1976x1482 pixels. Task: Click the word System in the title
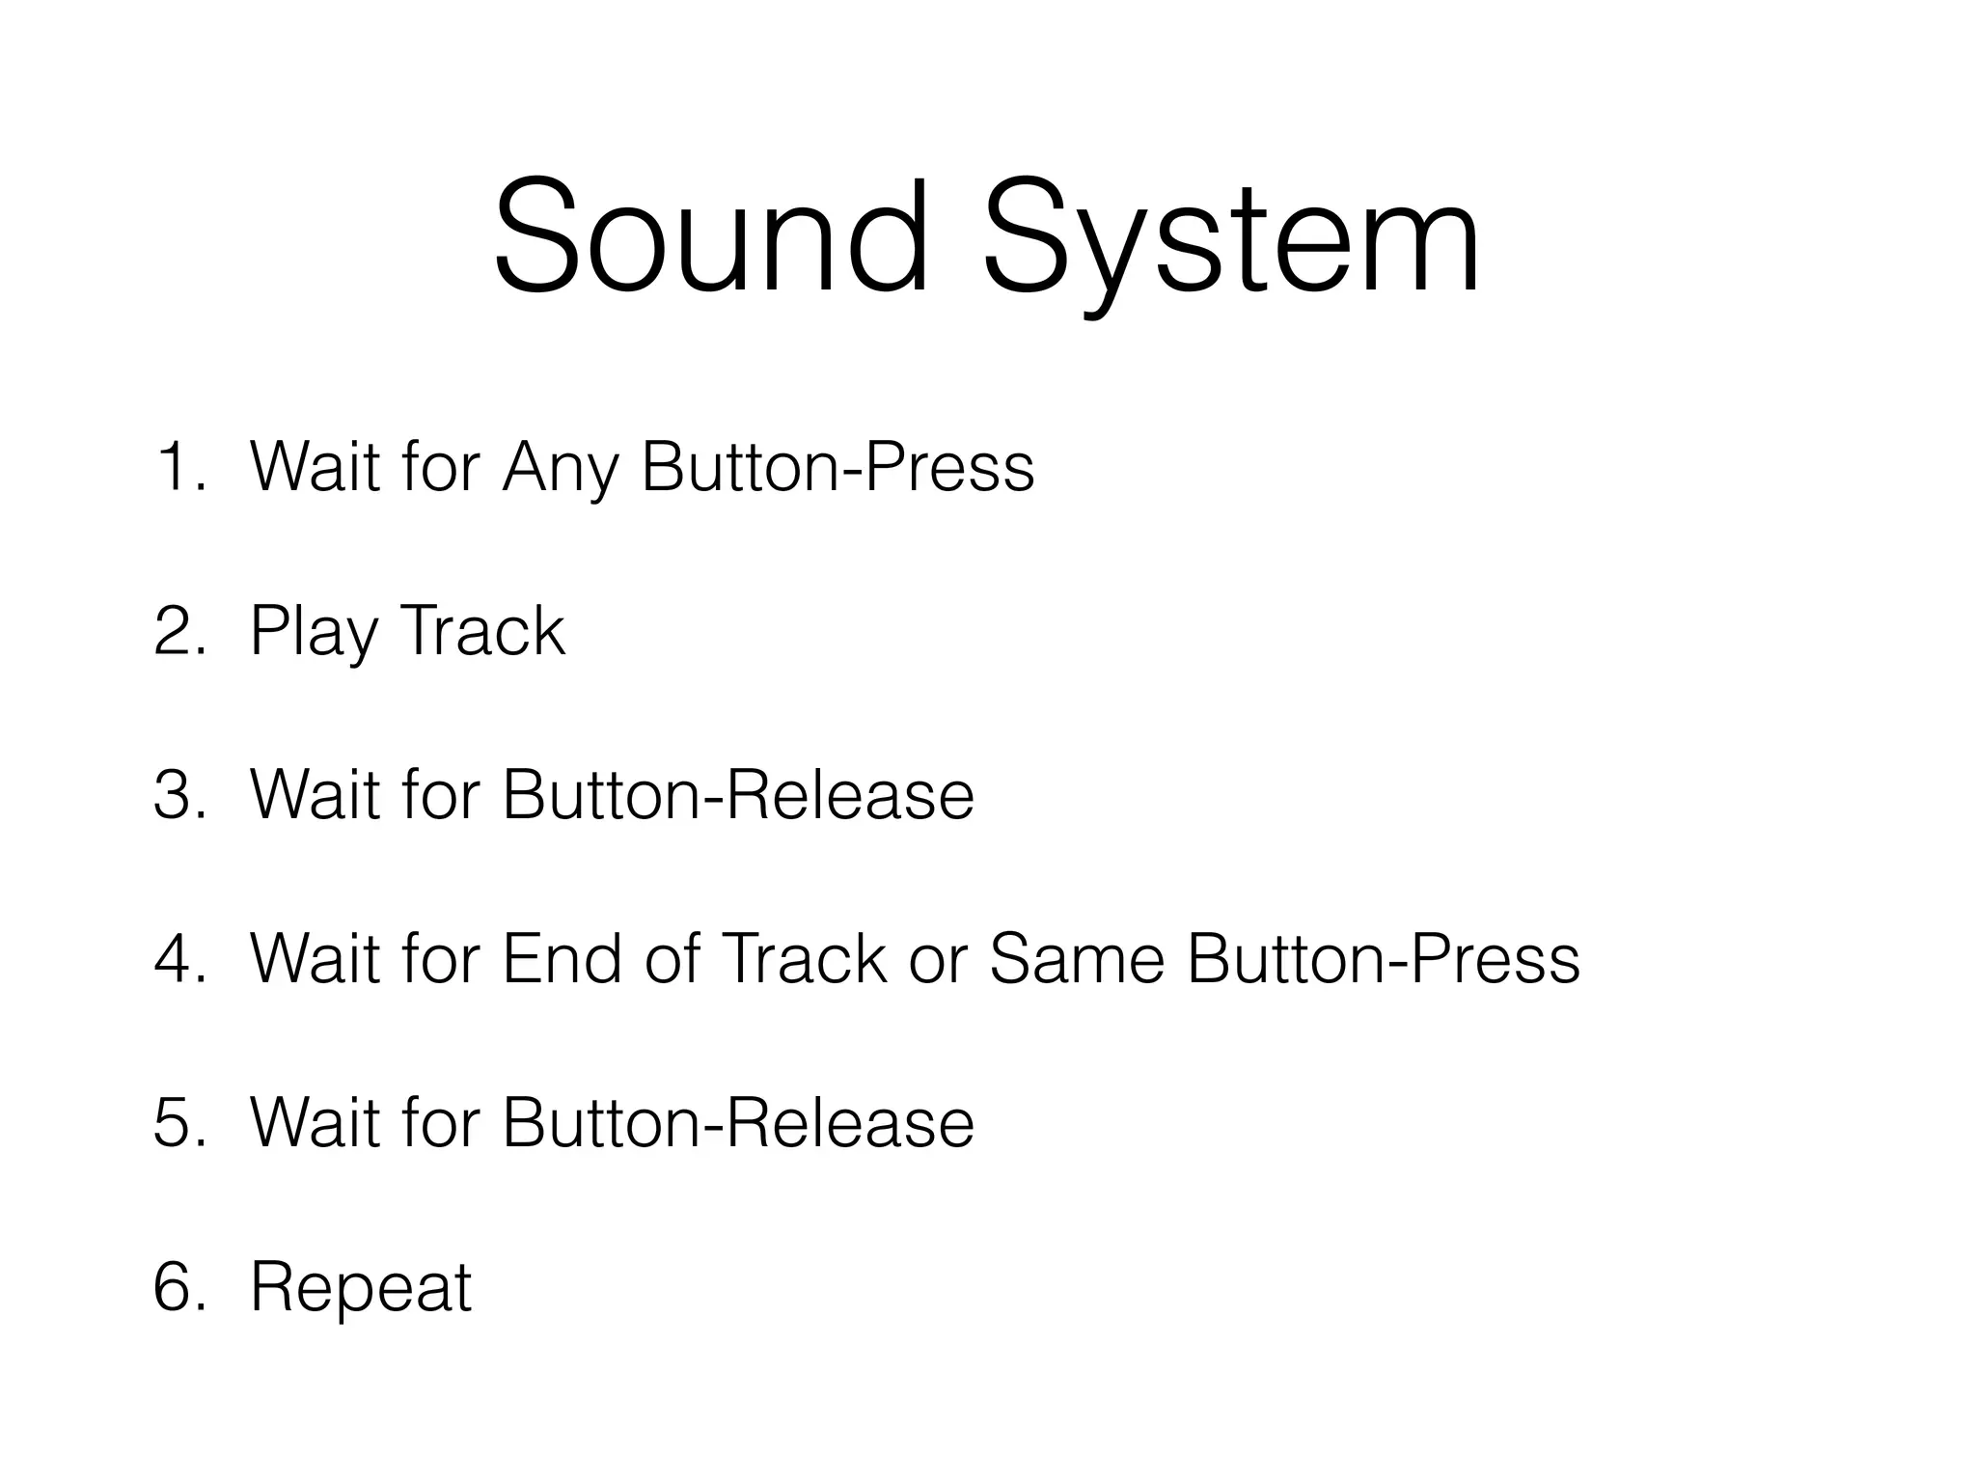[1230, 241]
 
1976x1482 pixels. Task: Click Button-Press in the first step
[837, 467]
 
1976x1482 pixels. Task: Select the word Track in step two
[481, 631]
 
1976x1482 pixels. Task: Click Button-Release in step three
[737, 795]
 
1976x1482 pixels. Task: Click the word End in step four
[562, 959]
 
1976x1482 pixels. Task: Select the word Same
[1077, 959]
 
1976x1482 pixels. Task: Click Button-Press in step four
[1383, 959]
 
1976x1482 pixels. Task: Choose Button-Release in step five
[737, 1123]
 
